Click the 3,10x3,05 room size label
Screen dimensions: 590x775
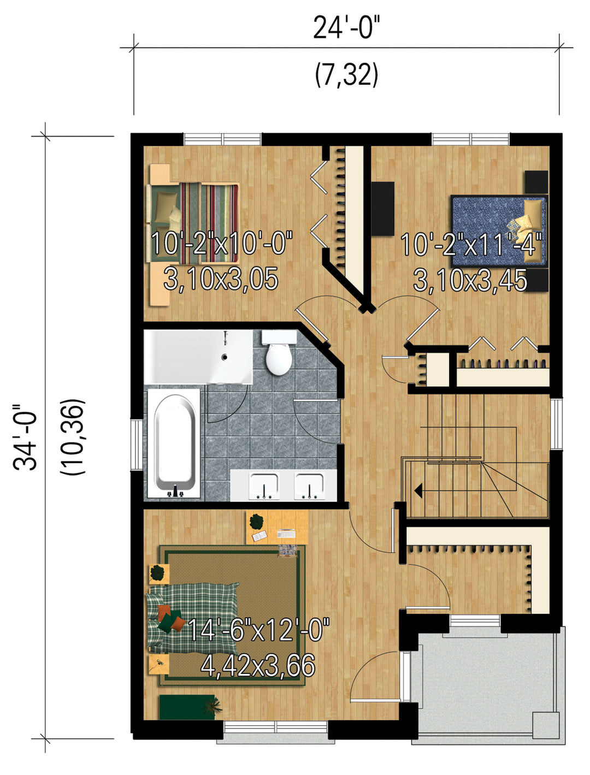221,279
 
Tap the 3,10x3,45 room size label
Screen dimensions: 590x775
470,280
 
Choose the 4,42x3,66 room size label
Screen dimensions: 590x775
258,665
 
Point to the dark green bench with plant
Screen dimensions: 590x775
190,706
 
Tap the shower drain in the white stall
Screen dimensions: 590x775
224,357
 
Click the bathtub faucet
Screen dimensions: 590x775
175,492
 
